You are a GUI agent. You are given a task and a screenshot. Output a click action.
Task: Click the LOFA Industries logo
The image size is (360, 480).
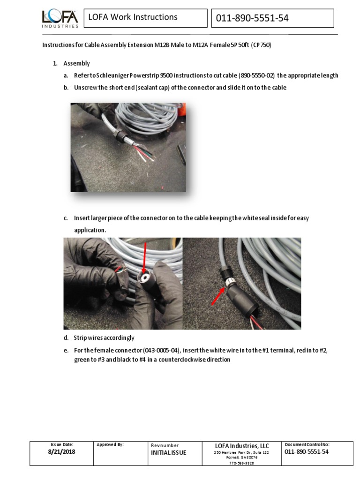click(60, 19)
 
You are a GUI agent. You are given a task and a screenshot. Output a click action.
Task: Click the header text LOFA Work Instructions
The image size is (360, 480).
click(133, 17)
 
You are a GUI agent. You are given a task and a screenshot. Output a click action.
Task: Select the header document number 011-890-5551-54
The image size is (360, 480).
click(252, 18)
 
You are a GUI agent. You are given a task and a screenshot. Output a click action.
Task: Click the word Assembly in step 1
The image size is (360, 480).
click(76, 63)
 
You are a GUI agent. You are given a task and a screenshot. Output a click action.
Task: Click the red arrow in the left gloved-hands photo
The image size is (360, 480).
click(144, 258)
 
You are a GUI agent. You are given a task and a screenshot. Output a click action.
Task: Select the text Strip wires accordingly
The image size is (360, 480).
click(104, 337)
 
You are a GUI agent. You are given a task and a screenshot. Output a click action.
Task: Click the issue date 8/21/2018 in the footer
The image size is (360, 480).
click(61, 452)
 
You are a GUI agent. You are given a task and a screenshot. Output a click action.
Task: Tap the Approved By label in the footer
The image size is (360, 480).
click(110, 444)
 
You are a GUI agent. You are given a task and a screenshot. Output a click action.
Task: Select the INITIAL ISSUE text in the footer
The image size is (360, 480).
click(168, 452)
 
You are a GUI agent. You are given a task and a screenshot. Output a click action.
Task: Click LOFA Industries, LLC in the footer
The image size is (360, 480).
click(242, 445)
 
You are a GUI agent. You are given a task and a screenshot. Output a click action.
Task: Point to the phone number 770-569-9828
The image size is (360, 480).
click(241, 463)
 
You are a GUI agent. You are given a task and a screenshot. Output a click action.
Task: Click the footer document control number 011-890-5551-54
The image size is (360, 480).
click(307, 451)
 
